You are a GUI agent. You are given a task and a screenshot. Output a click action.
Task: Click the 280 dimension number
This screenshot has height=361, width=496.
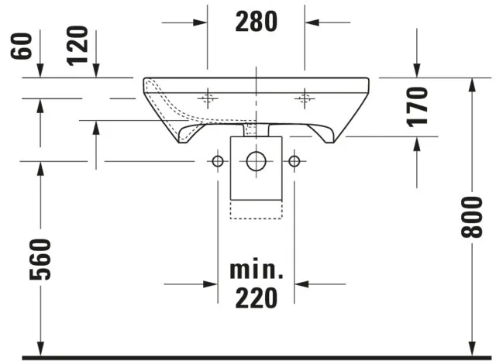257,22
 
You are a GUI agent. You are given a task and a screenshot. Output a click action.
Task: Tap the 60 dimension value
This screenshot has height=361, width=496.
22,46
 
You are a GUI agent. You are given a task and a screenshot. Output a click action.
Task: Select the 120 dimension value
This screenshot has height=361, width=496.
77,46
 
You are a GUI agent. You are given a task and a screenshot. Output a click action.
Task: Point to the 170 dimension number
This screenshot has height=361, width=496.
417,107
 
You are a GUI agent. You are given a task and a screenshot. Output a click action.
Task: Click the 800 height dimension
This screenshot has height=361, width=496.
471,217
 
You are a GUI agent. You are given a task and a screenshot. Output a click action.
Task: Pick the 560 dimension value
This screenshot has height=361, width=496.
40,260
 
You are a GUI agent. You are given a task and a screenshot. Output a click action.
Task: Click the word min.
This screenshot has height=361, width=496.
257,270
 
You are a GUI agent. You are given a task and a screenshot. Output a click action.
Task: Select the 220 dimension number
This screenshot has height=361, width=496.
257,298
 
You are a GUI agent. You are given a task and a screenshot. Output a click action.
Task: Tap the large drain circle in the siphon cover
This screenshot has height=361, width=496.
257,161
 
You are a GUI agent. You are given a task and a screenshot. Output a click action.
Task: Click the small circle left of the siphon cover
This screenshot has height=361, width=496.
218,161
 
